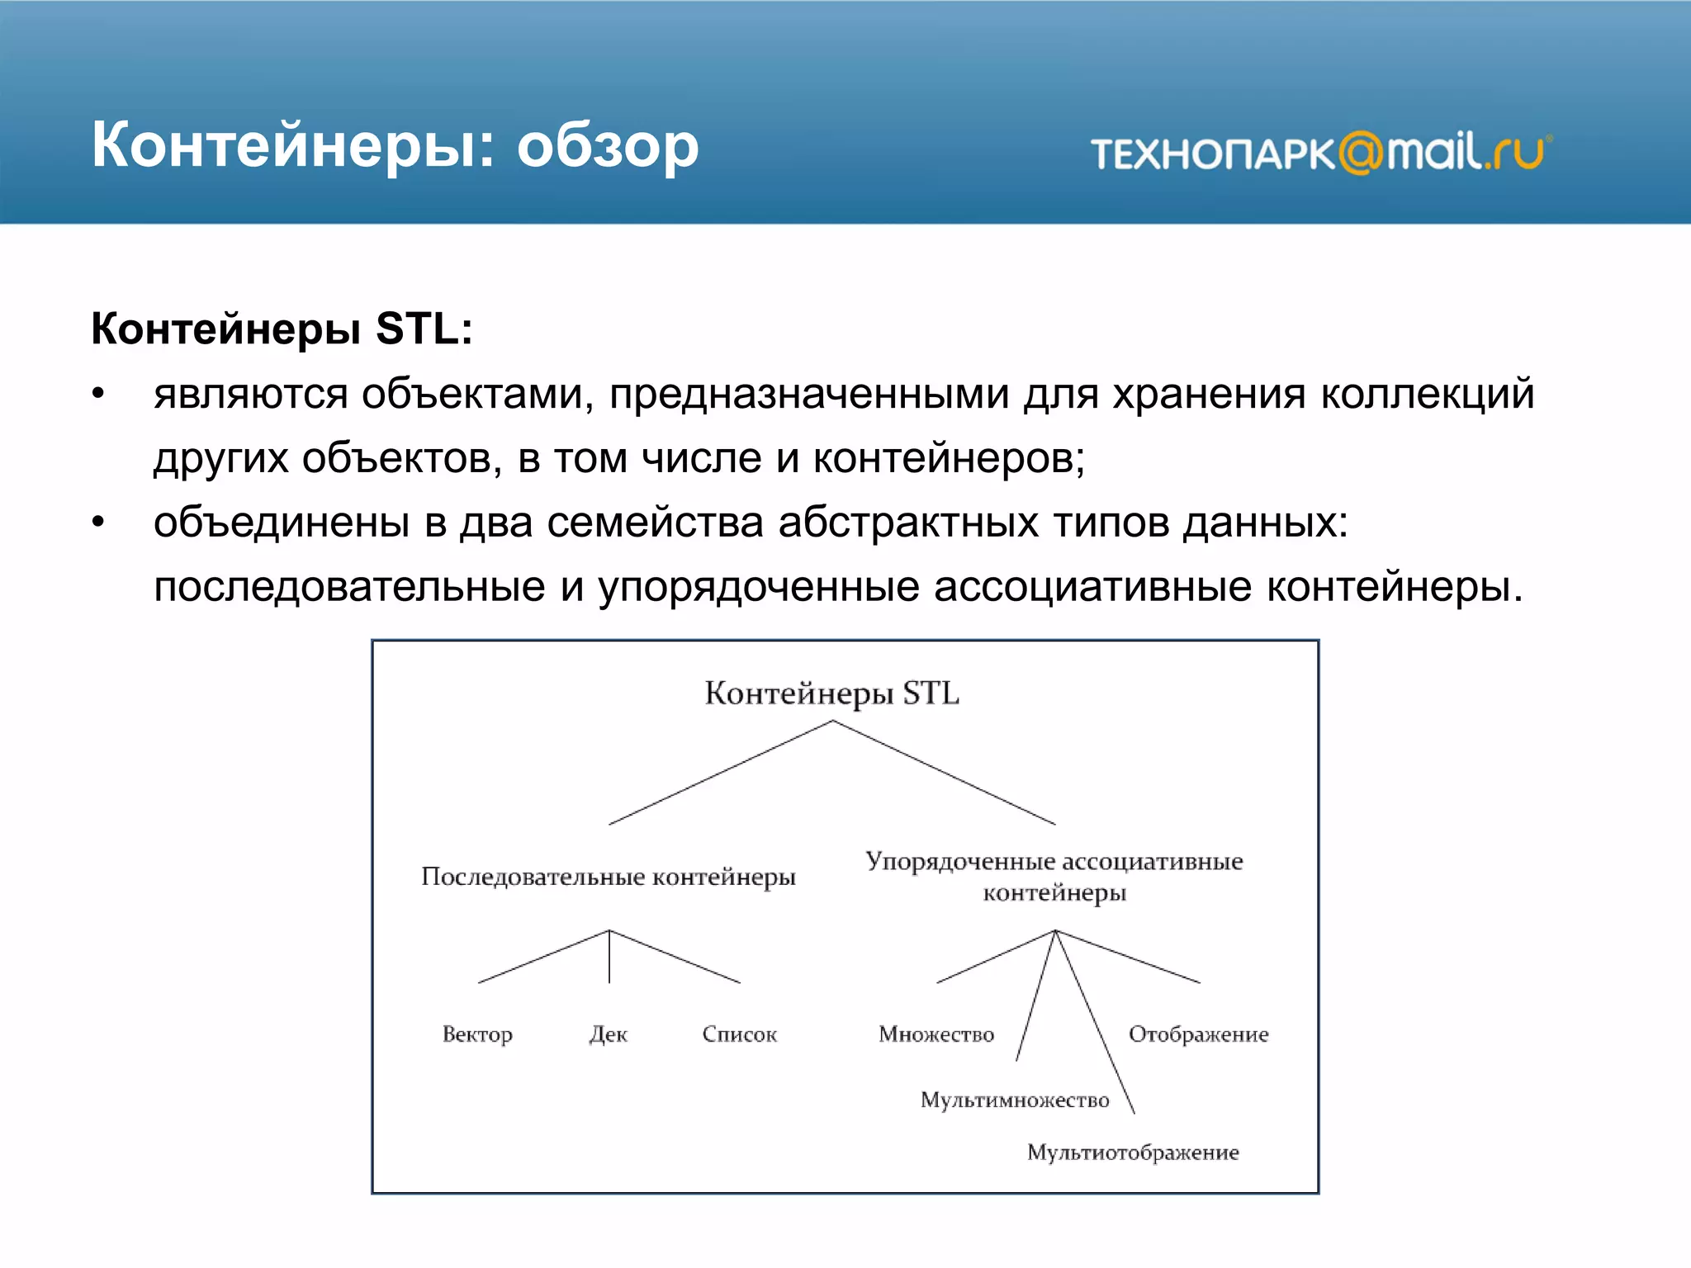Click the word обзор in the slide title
(608, 147)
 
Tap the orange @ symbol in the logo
(1360, 154)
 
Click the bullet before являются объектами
(98, 394)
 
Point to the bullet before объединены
(98, 523)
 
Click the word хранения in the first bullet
(1209, 394)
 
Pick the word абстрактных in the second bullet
(907, 523)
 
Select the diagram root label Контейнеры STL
(831, 693)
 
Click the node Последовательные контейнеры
(609, 877)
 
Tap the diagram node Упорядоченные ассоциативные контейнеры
(1054, 877)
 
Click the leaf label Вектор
(477, 1034)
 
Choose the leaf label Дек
(609, 1034)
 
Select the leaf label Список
(740, 1034)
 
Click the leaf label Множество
(936, 1034)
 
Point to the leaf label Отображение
(1198, 1034)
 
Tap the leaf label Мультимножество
(1015, 1100)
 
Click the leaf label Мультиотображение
(1133, 1152)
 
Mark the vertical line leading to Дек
(609, 958)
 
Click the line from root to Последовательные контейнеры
(720, 773)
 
